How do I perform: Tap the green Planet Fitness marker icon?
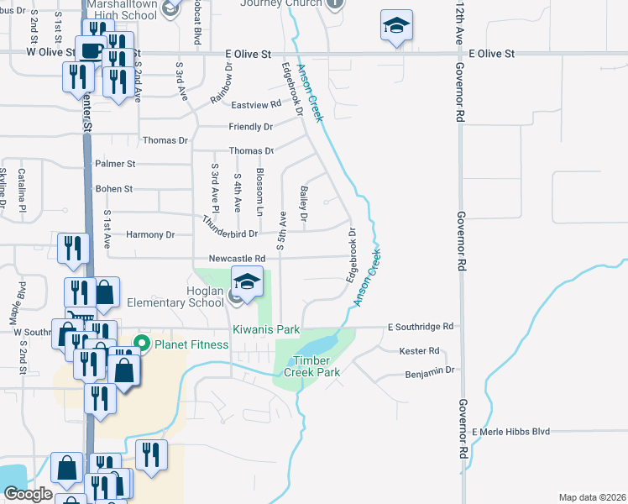142,344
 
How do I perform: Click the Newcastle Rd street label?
243,259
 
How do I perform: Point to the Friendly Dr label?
251,127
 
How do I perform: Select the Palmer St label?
115,164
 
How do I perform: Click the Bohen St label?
114,189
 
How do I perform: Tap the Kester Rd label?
420,350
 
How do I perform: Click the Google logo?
28,494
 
